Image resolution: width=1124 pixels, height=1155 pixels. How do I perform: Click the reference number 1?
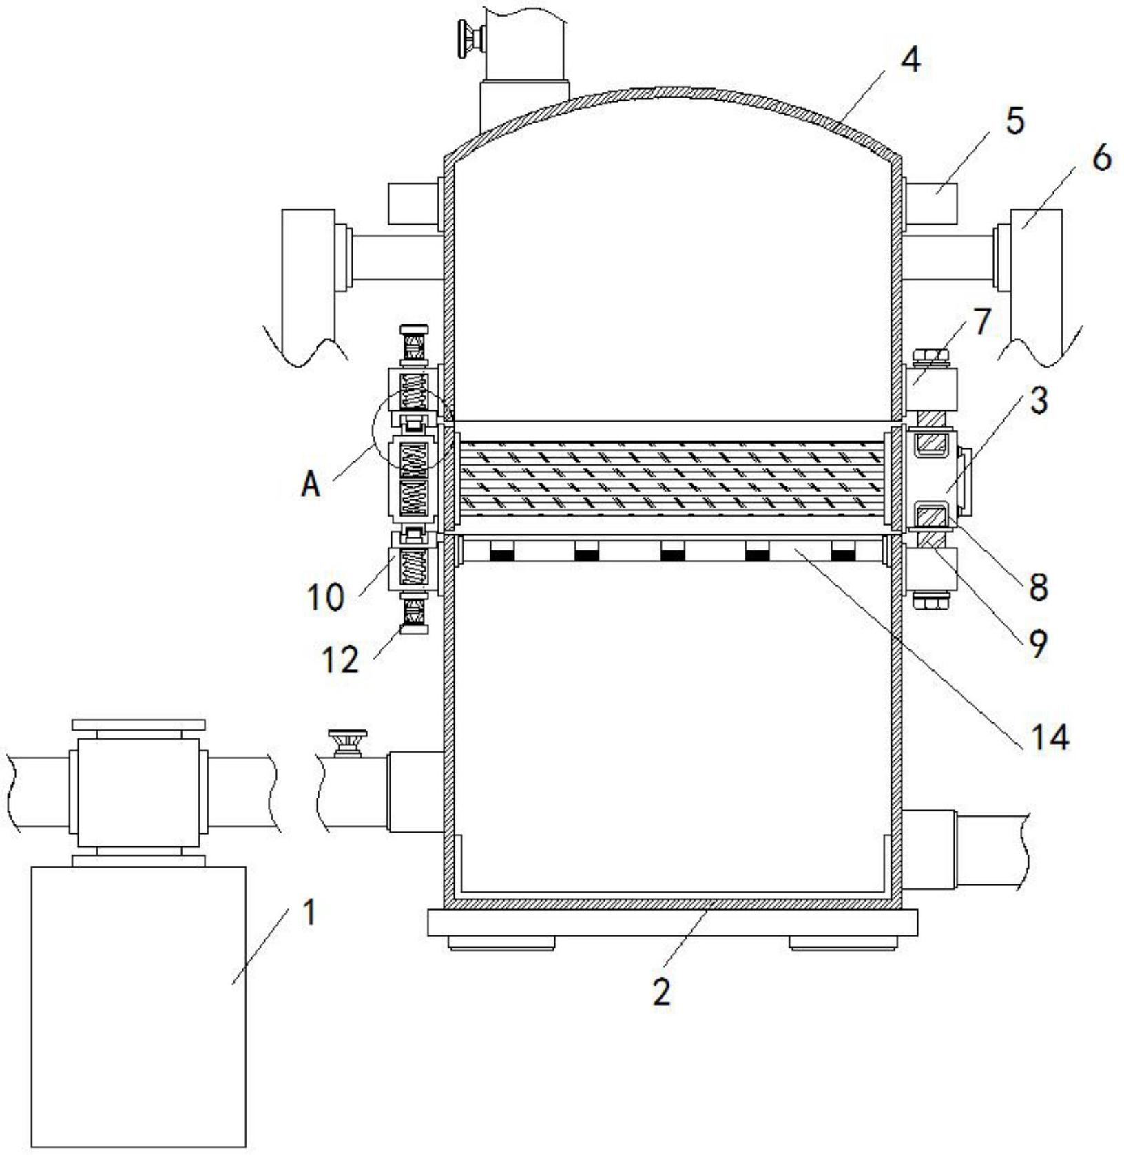309,912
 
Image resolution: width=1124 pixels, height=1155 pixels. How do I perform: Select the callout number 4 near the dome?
910,61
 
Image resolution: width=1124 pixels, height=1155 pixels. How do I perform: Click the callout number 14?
1050,737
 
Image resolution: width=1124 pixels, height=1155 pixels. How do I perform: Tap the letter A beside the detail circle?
311,484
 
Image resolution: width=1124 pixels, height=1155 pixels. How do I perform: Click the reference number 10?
325,596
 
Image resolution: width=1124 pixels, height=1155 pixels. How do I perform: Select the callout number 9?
1037,643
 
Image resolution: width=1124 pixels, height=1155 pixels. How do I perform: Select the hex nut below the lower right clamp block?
930,601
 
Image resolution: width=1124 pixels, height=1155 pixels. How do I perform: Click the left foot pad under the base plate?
502,943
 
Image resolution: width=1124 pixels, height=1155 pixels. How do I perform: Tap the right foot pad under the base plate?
843,943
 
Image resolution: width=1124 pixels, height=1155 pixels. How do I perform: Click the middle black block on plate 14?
672,551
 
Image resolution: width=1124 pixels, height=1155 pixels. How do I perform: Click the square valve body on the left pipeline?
138,793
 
